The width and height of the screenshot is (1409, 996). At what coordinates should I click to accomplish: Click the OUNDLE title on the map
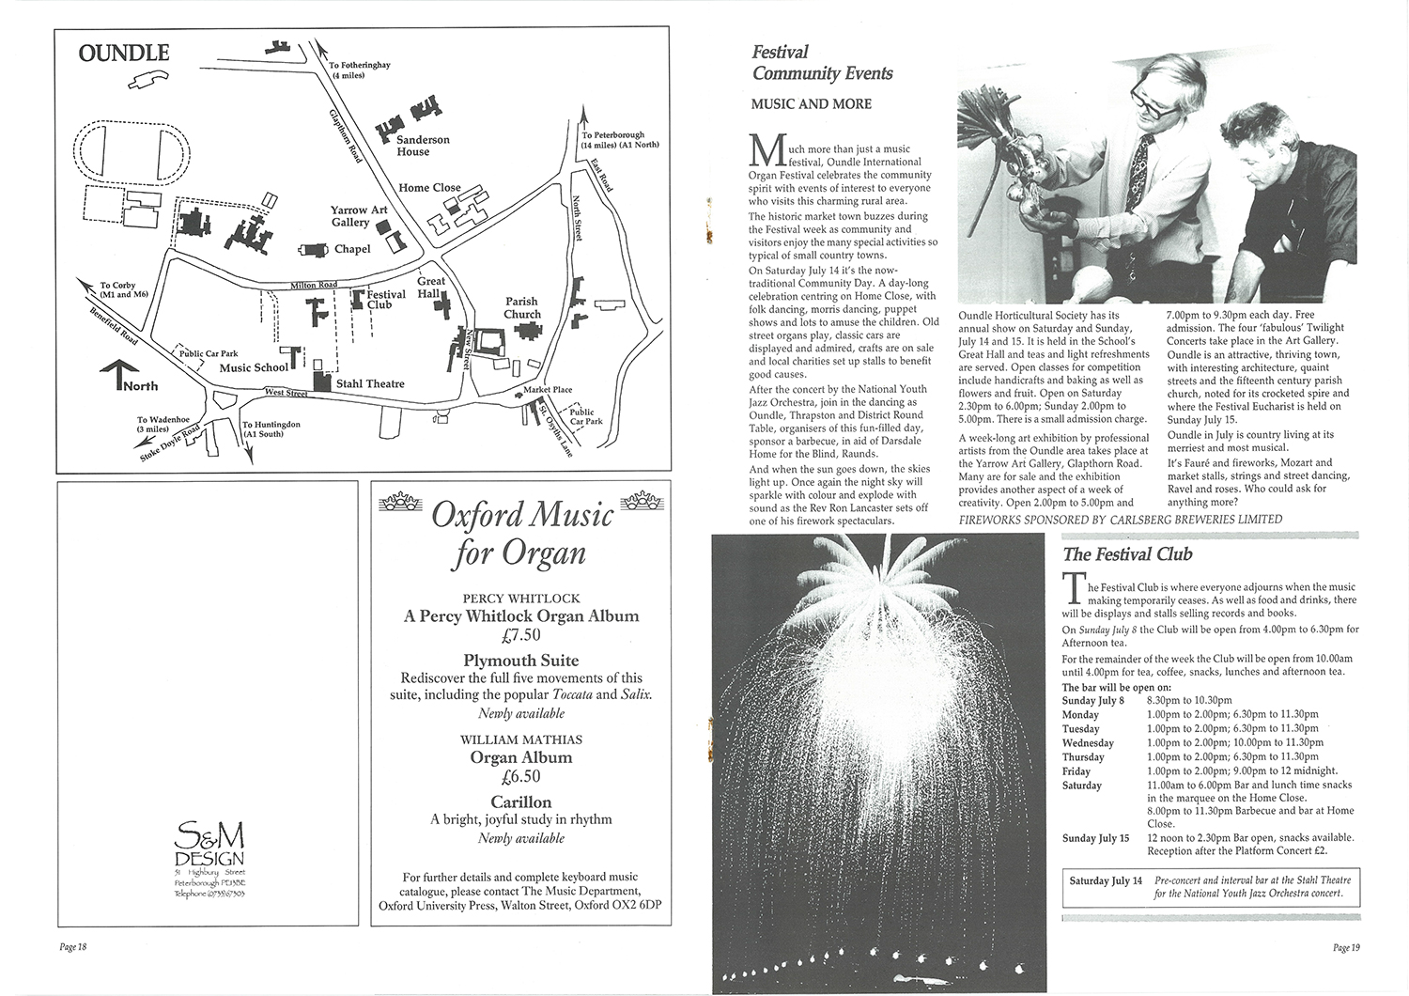coord(124,53)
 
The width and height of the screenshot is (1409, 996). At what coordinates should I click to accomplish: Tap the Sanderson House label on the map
coord(423,146)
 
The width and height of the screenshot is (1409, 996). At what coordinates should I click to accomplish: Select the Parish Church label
coord(522,308)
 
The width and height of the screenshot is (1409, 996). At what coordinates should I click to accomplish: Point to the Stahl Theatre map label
coord(370,383)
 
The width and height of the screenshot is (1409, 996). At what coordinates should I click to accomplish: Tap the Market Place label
coord(549,390)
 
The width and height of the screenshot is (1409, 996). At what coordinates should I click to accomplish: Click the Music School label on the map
coord(255,367)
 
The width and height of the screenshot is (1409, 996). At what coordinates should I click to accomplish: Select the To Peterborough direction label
coord(620,140)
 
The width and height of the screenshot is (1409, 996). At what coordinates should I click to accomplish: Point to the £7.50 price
coord(520,636)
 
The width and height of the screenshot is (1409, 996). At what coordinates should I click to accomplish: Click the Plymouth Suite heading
coord(520,660)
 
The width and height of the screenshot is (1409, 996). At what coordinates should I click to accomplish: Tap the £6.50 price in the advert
coord(520,777)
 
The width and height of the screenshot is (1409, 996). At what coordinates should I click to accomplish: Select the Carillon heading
coord(520,801)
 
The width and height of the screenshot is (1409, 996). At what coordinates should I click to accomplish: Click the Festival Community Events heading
coord(822,63)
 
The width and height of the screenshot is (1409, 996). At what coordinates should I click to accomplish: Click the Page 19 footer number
coord(1345,947)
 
